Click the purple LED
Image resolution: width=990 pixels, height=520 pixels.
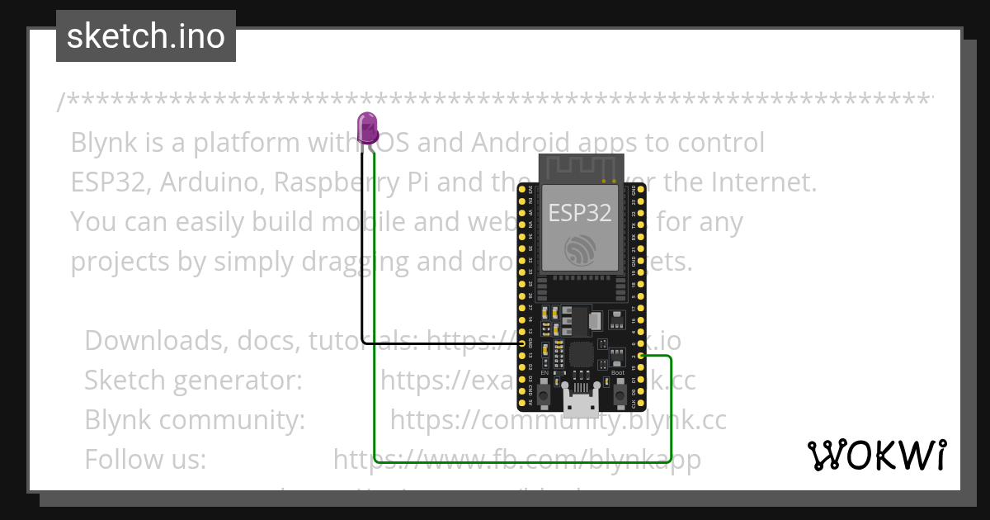click(x=367, y=129)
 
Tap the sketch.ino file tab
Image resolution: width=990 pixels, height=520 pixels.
click(x=146, y=36)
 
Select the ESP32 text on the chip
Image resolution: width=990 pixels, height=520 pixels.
click(x=581, y=213)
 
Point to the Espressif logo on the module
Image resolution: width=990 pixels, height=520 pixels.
click(x=581, y=249)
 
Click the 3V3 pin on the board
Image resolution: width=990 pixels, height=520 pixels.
click(x=522, y=190)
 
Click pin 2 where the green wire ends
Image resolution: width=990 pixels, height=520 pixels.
click(x=641, y=356)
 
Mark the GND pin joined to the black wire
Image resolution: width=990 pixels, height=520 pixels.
click(x=522, y=343)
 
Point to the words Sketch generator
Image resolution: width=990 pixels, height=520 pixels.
click(x=193, y=381)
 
